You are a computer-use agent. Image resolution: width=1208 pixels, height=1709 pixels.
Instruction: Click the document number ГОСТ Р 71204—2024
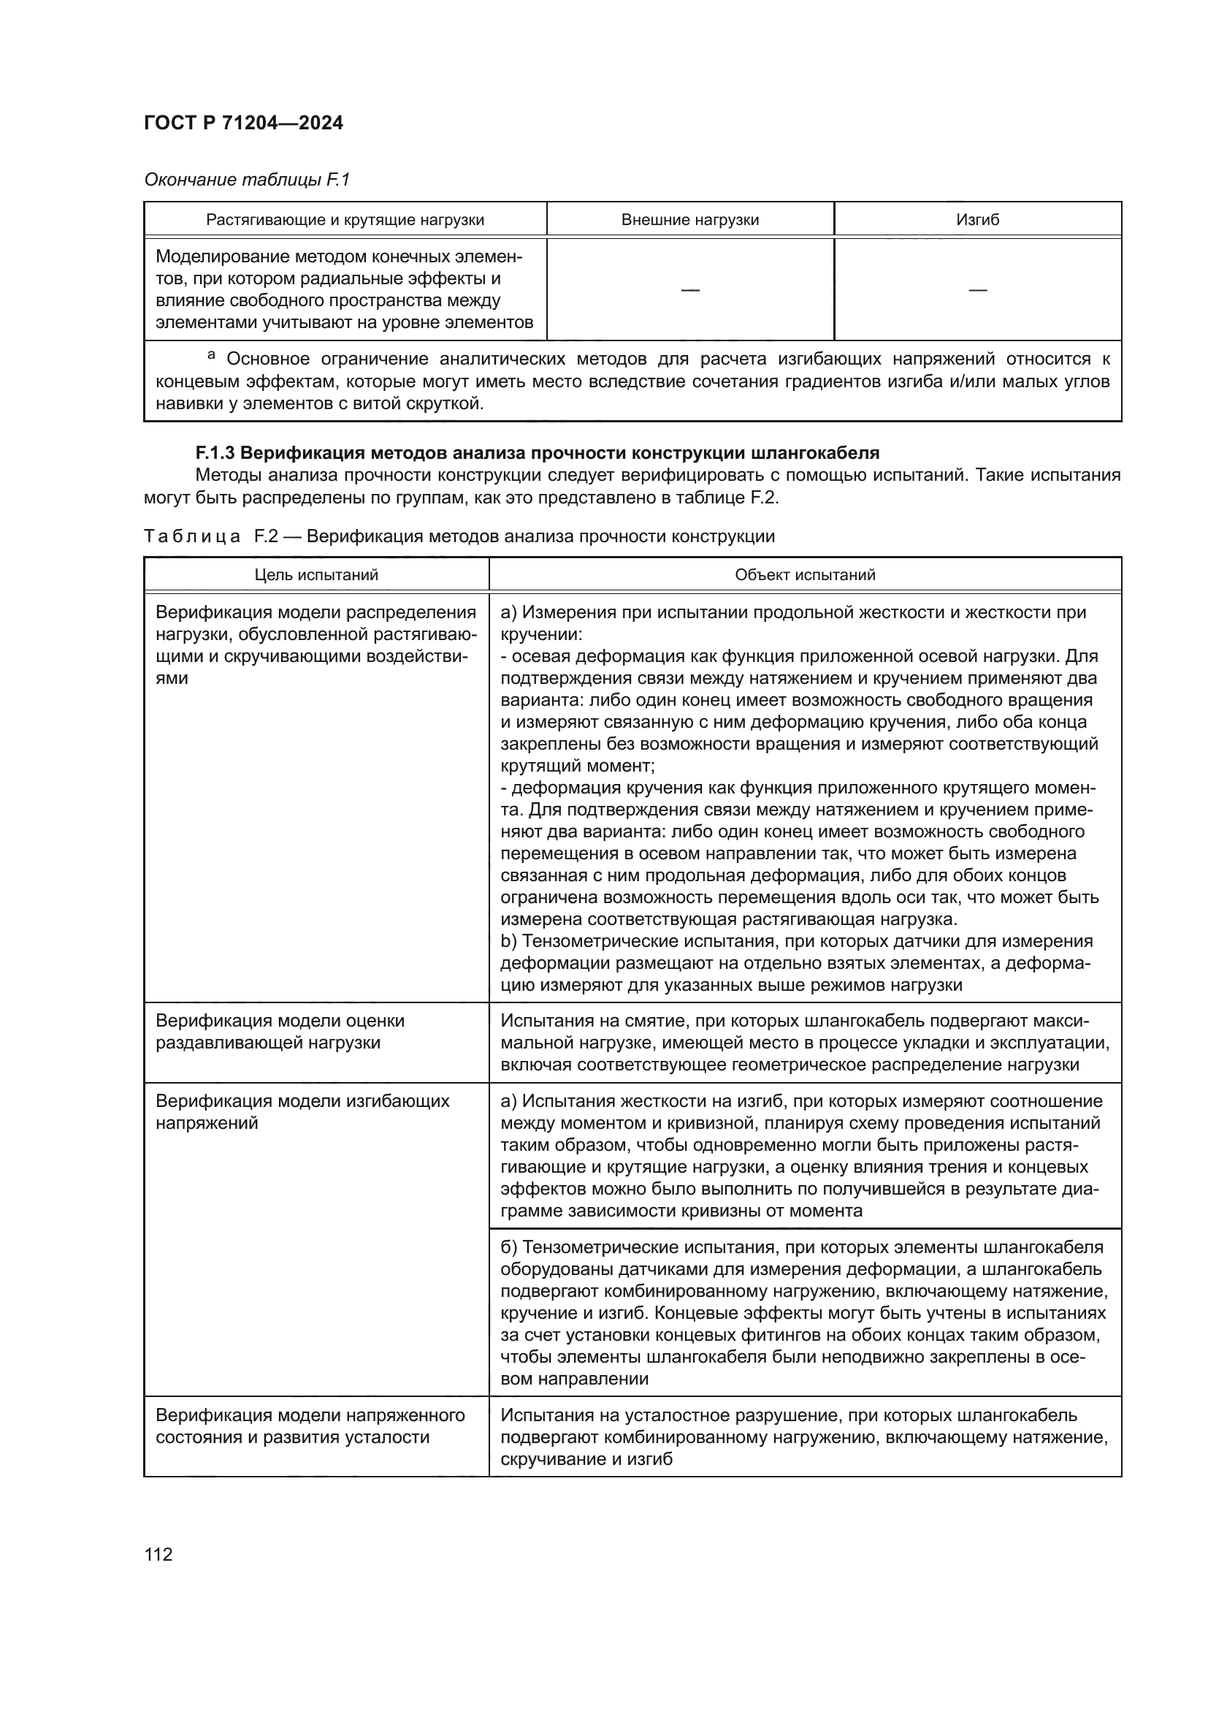click(243, 123)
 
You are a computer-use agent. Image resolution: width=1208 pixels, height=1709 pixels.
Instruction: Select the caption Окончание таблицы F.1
click(246, 180)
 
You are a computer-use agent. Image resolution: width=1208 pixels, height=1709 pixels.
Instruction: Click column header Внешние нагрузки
click(689, 220)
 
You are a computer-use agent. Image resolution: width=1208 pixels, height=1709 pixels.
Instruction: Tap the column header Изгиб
click(977, 220)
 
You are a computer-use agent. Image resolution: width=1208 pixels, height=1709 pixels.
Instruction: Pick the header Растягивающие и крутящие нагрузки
click(345, 220)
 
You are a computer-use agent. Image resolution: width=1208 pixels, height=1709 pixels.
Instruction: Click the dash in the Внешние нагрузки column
click(689, 289)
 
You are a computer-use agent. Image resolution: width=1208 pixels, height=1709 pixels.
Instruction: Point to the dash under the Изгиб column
click(977, 289)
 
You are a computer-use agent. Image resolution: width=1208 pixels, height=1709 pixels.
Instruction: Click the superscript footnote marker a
click(211, 356)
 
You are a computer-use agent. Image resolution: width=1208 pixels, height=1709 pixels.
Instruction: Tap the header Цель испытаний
click(316, 574)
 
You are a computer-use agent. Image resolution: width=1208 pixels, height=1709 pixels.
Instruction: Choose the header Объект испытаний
click(805, 574)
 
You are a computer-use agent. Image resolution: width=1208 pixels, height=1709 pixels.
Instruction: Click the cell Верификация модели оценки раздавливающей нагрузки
click(280, 1031)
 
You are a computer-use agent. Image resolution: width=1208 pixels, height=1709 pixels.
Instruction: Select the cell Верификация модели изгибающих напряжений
click(302, 1111)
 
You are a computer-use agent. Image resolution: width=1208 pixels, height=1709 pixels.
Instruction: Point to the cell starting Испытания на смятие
click(805, 1042)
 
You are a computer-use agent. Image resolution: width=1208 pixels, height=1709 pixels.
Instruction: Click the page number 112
click(158, 1554)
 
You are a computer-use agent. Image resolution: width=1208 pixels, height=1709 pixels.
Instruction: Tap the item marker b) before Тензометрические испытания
click(509, 942)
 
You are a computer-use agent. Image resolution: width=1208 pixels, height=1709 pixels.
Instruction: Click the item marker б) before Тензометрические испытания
click(510, 1246)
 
